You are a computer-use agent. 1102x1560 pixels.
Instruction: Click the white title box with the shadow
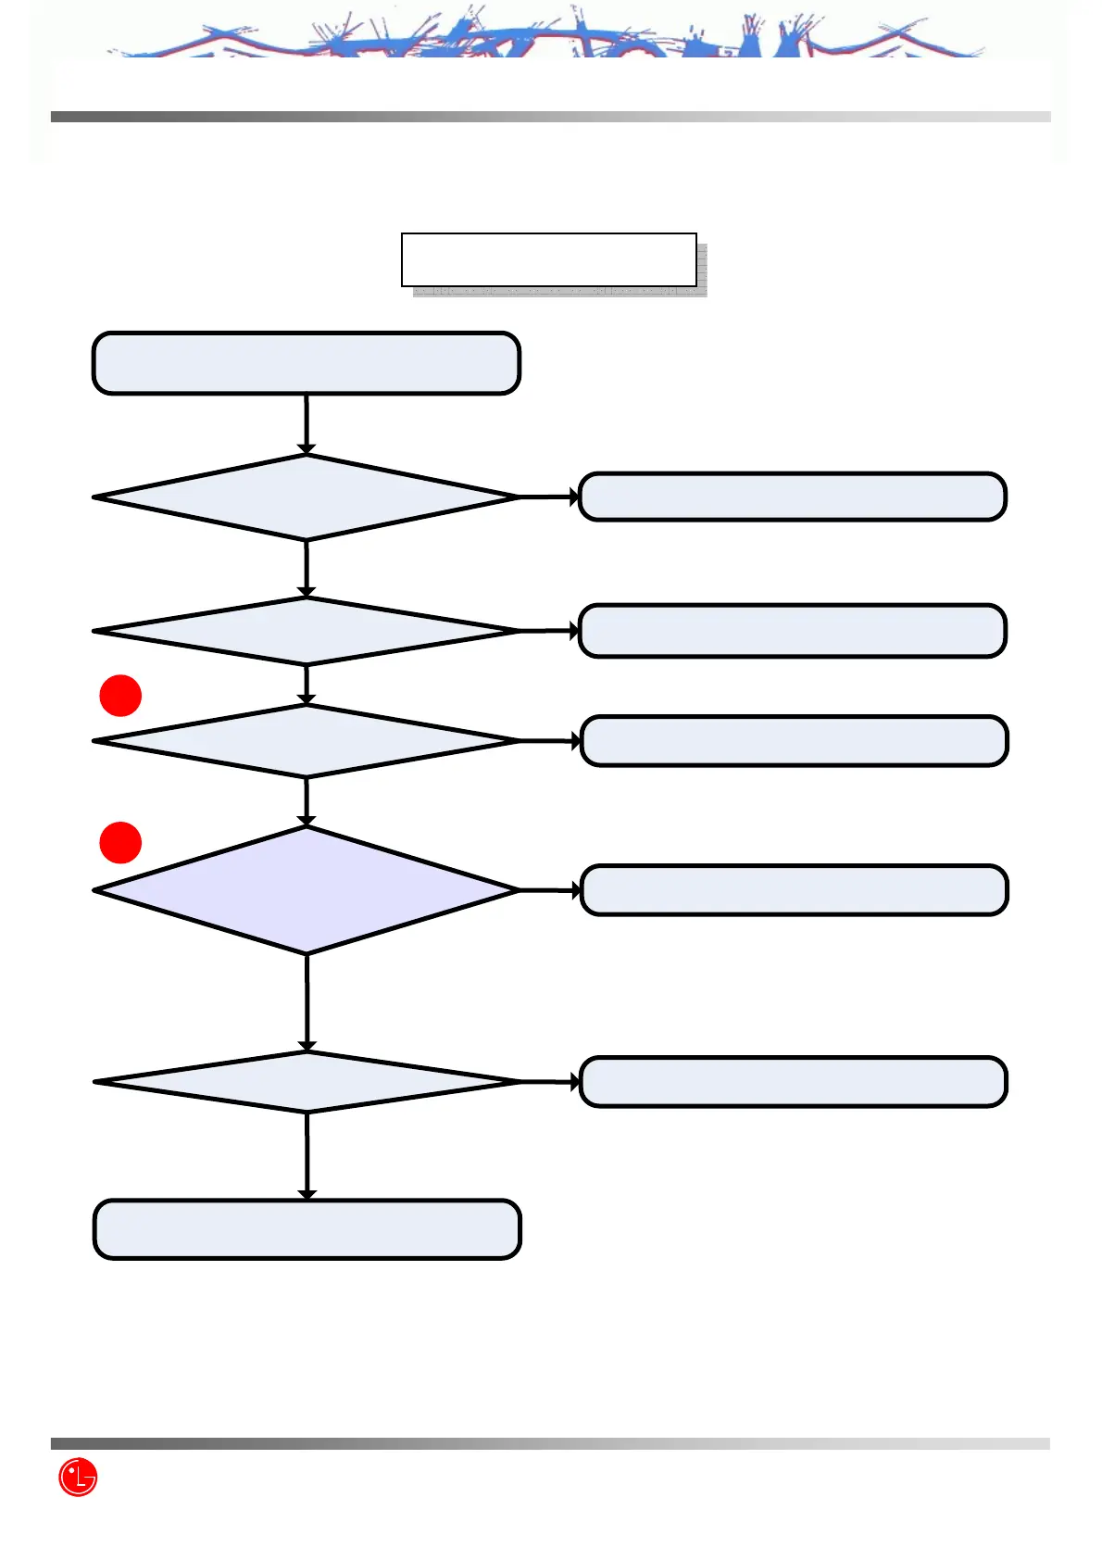pos(548,259)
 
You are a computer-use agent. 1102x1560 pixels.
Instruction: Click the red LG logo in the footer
pos(78,1477)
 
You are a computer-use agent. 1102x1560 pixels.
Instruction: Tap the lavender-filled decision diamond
pos(306,890)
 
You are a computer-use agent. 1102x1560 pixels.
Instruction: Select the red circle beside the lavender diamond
pos(120,842)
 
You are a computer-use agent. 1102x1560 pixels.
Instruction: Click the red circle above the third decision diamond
pos(120,696)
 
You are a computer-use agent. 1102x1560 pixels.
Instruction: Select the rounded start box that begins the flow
pos(306,363)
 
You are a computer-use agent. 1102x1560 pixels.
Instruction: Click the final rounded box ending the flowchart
pos(307,1229)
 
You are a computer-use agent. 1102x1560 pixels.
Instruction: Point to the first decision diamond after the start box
pos(306,497)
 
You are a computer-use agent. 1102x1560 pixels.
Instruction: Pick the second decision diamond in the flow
pos(306,631)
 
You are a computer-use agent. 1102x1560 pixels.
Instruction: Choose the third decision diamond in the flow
pos(306,741)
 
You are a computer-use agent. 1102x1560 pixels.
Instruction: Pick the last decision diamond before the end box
pos(307,1082)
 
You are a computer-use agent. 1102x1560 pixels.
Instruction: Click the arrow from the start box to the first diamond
pos(306,424)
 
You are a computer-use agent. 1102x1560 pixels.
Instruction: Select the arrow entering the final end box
pos(307,1156)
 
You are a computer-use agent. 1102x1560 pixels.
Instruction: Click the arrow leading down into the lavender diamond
pos(307,801)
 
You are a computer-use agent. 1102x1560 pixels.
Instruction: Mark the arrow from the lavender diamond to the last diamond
pos(307,1002)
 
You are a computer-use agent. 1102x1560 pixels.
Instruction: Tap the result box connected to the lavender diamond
pos(794,890)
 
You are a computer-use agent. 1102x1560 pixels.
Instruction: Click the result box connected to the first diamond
pos(792,497)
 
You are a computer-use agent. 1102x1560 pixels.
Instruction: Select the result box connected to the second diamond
pos(792,631)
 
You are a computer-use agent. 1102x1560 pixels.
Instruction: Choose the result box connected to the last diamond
pos(793,1082)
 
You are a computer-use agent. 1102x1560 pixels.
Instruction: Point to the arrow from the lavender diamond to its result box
pos(549,890)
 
